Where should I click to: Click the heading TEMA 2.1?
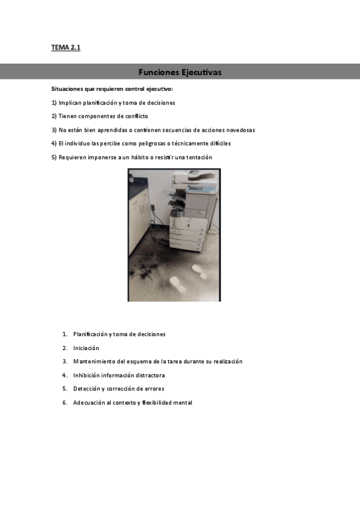pos(66,48)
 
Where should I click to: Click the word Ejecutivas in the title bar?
pos(201,72)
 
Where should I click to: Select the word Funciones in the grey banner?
pos(159,72)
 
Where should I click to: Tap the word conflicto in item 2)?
pos(136,116)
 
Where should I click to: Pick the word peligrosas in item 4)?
pos(152,143)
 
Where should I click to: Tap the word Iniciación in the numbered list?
pos(86,348)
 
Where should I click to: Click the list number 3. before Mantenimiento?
pos(65,361)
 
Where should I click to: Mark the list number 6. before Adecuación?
pos(65,403)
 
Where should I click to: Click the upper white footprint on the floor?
pos(199,271)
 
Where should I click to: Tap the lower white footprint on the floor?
pos(178,284)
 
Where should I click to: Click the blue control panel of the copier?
pos(201,189)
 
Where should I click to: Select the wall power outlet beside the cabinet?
pos(153,207)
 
